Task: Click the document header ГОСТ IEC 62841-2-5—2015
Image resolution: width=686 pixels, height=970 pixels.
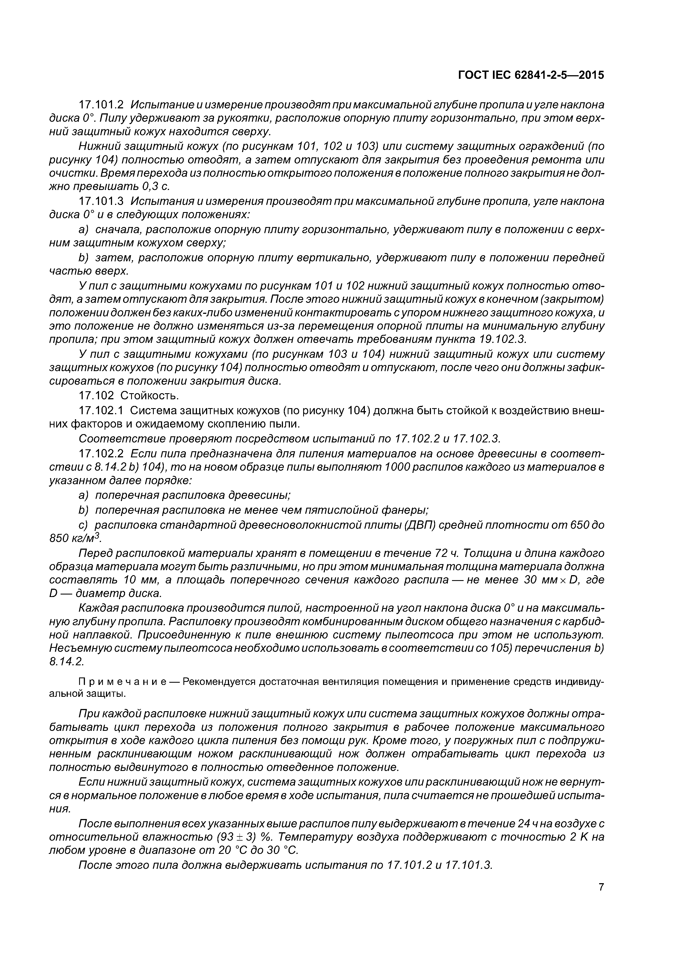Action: pyautogui.click(x=531, y=75)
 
